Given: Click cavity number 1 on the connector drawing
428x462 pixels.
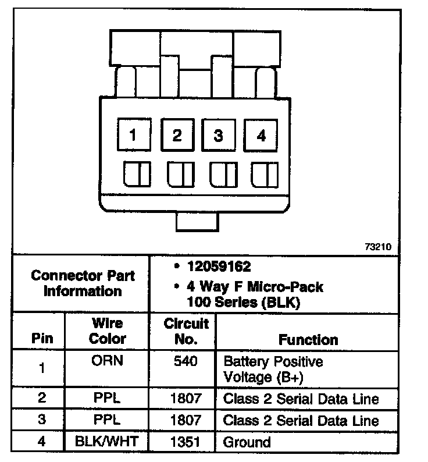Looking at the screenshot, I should [133, 136].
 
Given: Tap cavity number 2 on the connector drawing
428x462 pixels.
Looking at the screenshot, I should [176, 136].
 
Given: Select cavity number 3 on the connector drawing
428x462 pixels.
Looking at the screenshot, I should [219, 136].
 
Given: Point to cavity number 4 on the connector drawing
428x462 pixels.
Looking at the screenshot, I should [261, 136].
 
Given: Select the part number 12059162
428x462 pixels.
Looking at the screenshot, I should [219, 267].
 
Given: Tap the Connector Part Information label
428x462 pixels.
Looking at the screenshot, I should [82, 283].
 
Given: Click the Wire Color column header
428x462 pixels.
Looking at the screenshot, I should [108, 330].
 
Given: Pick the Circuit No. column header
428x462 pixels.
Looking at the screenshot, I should [186, 330].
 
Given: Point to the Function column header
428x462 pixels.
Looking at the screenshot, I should [308, 339].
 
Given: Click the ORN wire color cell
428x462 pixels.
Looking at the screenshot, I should [107, 361].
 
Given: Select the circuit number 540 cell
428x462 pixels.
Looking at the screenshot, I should [186, 361].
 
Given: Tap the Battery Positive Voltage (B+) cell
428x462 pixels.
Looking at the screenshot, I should [273, 369].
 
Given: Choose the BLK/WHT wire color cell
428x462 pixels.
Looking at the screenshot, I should [107, 442].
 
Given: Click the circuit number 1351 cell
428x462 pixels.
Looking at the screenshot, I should [186, 442].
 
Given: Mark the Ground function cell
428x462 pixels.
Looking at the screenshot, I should [247, 442].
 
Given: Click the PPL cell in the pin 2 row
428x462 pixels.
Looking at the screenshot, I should [107, 399].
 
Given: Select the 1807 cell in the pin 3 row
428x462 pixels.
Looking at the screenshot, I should [186, 420].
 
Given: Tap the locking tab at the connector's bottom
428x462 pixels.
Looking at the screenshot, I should [197, 222].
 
